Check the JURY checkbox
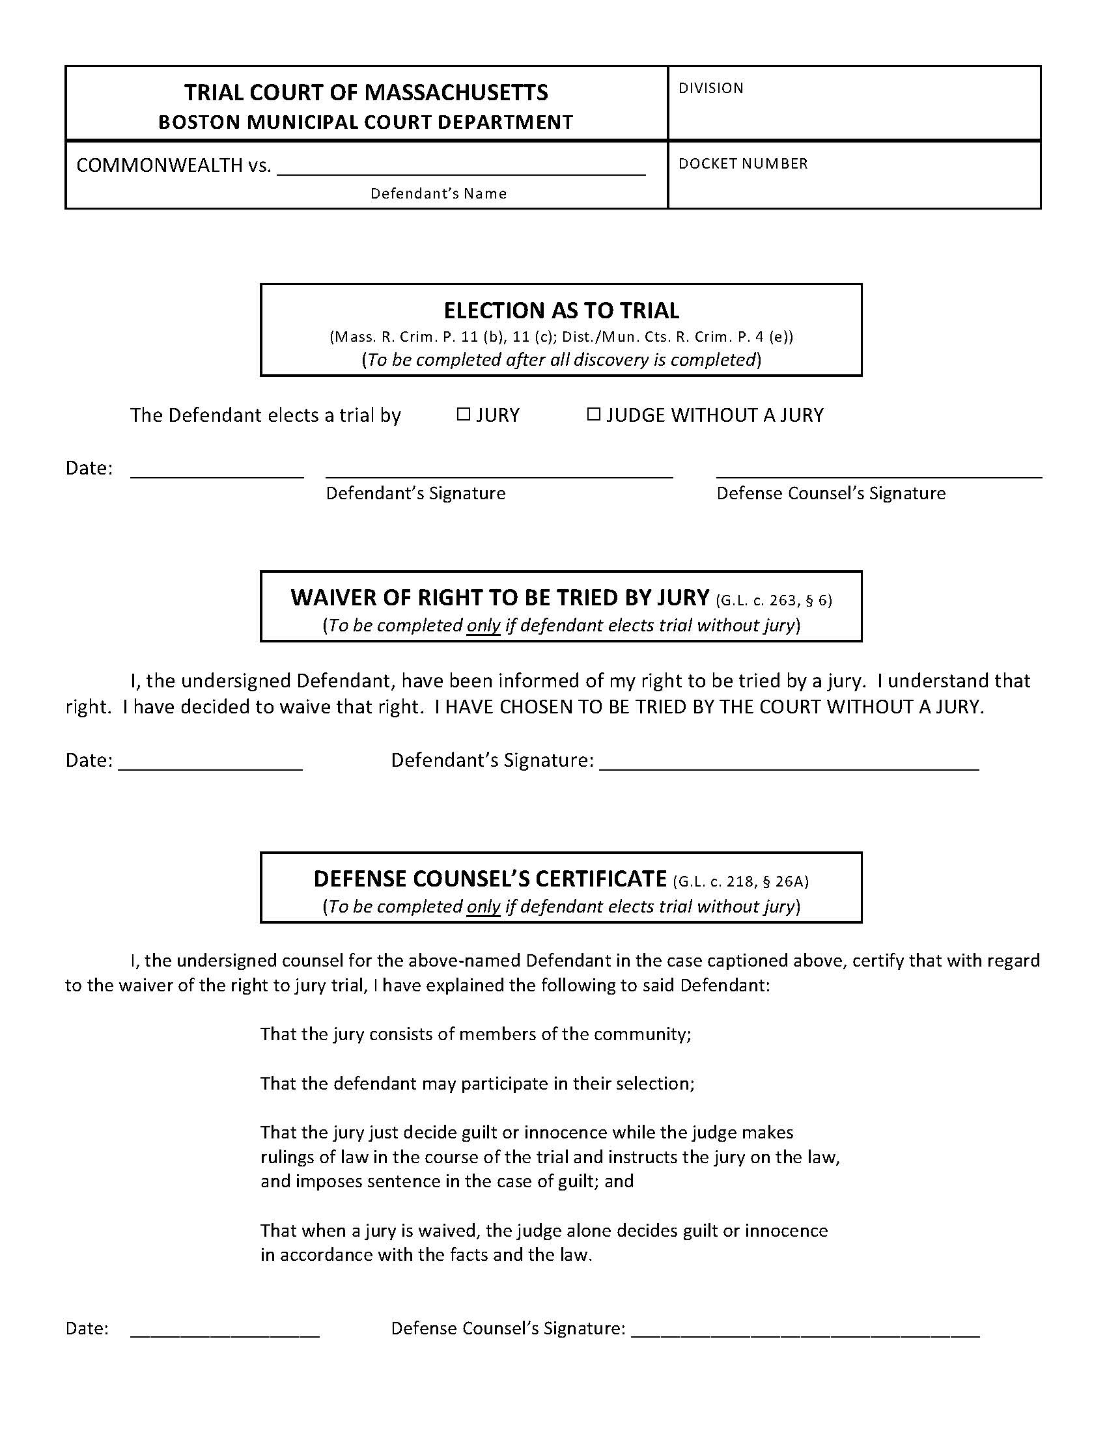click(464, 414)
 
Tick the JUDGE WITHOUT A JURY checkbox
click(593, 414)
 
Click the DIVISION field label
click(711, 88)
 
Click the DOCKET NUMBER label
click(743, 163)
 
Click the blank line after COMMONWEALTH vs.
click(461, 169)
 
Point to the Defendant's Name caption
click(438, 193)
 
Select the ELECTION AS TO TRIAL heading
click(561, 310)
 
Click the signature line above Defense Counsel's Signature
click(879, 473)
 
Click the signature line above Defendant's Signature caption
click(499, 473)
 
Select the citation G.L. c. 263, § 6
click(774, 600)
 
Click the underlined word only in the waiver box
click(483, 625)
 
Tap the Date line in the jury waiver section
click(210, 765)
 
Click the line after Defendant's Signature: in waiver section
click(789, 765)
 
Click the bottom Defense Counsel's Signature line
click(805, 1332)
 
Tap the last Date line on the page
click(225, 1332)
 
